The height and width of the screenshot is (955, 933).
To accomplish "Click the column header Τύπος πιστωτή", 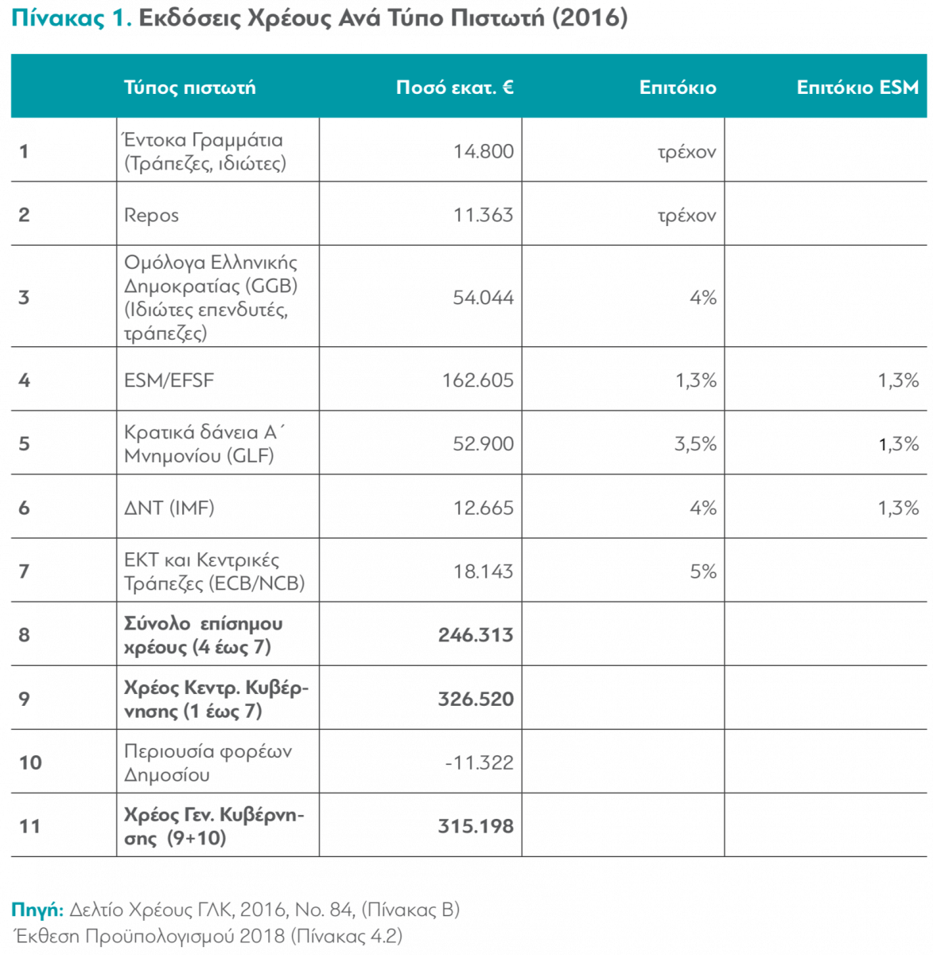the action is (189, 88).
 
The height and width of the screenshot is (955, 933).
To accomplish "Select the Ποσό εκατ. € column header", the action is (455, 87).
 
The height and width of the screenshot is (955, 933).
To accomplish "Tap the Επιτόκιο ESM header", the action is (857, 87).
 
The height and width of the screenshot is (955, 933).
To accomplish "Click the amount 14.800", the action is (483, 151).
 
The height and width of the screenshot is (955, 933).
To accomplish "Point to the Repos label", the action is (151, 215).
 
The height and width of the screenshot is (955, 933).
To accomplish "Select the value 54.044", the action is (483, 298).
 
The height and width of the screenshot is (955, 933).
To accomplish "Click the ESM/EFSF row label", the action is (169, 380).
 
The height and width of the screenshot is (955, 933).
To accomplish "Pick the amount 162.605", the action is (478, 380).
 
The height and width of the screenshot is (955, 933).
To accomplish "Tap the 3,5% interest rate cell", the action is (695, 444).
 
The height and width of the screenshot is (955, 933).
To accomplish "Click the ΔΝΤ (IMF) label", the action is (169, 508).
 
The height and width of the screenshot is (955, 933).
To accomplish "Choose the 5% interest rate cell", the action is (703, 571).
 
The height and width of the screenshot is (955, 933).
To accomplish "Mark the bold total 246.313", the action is (476, 635).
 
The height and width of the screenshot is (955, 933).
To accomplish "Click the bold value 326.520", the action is (476, 699).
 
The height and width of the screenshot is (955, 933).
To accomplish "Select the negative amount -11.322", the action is (480, 762).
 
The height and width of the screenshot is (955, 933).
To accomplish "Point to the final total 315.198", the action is (476, 826).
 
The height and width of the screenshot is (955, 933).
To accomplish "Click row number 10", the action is (30, 762).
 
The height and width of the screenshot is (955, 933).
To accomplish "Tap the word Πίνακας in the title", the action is (58, 18).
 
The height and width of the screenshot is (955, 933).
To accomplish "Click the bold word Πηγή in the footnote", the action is (37, 910).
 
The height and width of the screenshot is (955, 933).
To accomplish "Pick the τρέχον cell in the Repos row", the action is (686, 216).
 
